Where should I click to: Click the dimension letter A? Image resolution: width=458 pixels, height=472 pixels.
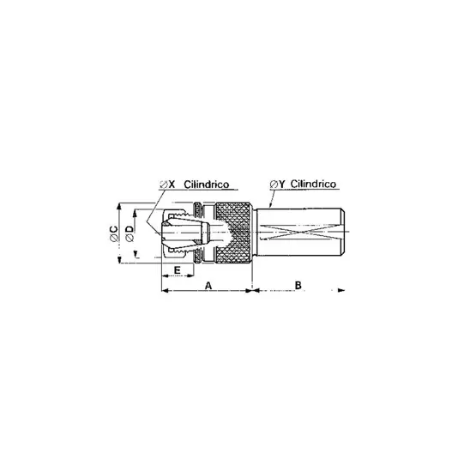[x=208, y=285]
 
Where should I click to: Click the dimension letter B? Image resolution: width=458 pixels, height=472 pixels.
[x=298, y=285]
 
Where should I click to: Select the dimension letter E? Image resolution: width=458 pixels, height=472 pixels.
[x=178, y=270]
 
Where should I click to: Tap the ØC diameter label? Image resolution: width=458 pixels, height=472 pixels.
[x=114, y=233]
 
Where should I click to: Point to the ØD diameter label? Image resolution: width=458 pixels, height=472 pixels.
[x=130, y=233]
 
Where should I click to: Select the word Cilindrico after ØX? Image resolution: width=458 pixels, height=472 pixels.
[x=207, y=185]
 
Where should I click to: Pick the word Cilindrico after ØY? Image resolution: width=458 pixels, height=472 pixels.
[x=313, y=184]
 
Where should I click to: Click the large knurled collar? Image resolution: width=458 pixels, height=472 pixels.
[x=233, y=233]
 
